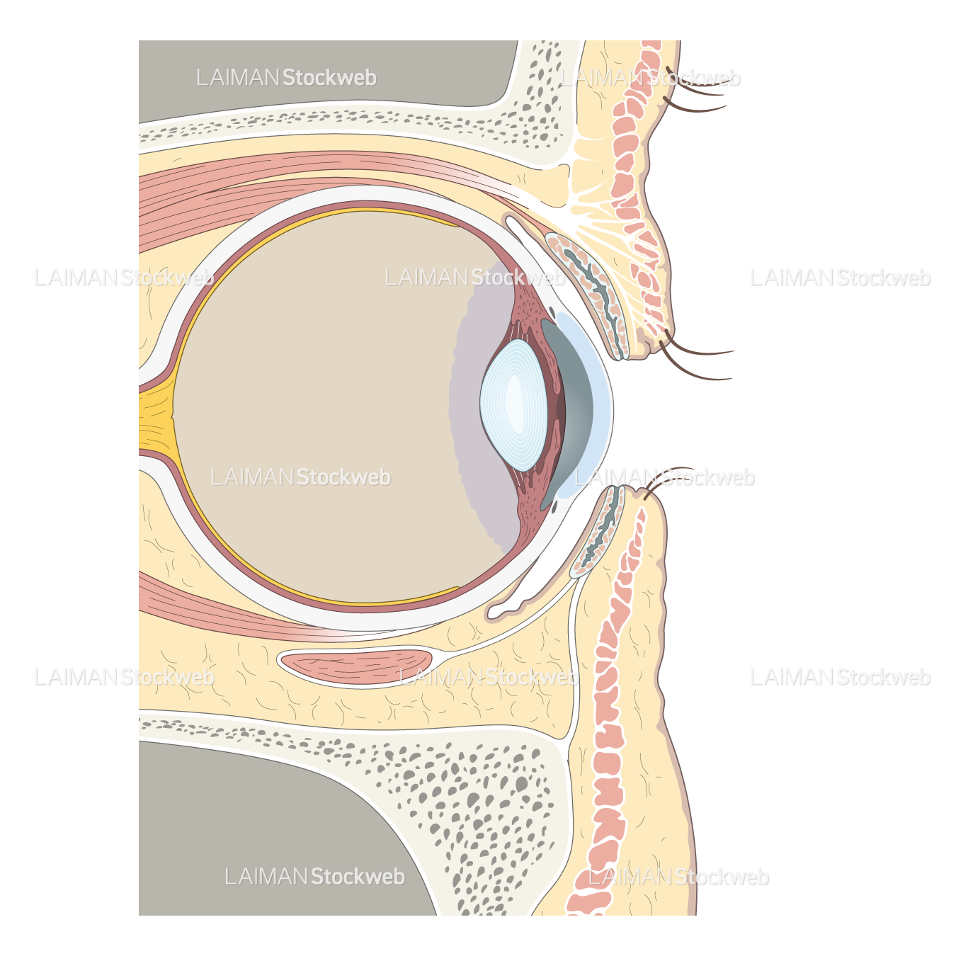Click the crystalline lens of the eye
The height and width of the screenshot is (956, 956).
coord(513,405)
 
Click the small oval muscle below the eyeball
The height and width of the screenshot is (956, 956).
coord(355,666)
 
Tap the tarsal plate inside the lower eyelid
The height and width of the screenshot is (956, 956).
coord(598,531)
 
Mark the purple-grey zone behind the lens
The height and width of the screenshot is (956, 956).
coord(482,406)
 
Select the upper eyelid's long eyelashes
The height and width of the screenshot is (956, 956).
coord(695,355)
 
